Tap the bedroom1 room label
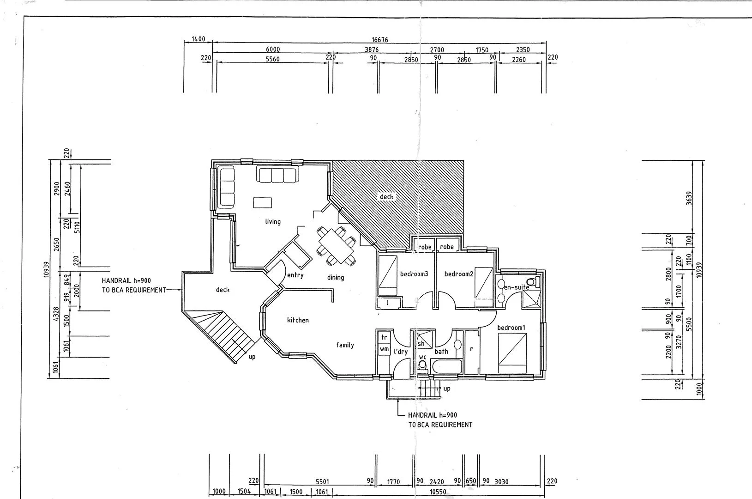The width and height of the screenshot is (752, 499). coord(511,328)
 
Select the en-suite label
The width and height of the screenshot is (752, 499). coord(516,287)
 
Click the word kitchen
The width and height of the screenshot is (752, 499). coord(298,320)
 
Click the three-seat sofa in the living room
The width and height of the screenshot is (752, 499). coord(277,175)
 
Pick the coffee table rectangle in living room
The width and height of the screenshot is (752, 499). coord(262,203)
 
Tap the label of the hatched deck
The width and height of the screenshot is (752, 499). coord(386,197)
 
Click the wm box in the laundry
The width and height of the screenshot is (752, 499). coord(384,350)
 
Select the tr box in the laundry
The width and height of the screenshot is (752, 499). coord(384,337)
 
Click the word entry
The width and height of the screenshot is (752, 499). coord(295,276)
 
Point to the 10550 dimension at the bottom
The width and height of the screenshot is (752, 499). coord(438,492)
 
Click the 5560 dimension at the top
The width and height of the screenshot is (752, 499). coord(272,59)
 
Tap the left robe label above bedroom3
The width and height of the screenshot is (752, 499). coord(425,247)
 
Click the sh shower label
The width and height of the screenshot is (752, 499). coord(421,344)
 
